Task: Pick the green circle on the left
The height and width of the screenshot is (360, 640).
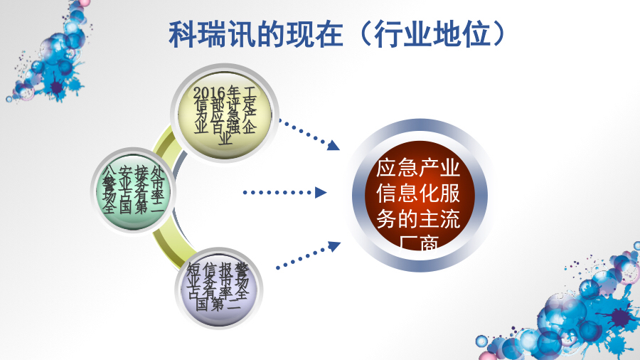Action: tap(132, 189)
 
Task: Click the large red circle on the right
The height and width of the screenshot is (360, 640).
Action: tap(418, 193)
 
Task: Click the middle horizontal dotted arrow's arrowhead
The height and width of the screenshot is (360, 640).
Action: tap(321, 192)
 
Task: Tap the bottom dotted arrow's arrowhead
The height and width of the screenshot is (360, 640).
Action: tap(334, 246)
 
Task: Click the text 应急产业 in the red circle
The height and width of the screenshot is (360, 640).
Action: tap(418, 169)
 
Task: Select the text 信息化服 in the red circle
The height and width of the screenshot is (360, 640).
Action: tap(418, 194)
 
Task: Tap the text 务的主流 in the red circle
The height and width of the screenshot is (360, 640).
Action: tap(418, 218)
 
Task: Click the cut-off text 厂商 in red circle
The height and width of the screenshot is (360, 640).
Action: tap(418, 243)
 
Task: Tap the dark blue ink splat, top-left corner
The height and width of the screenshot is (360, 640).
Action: tap(56, 88)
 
